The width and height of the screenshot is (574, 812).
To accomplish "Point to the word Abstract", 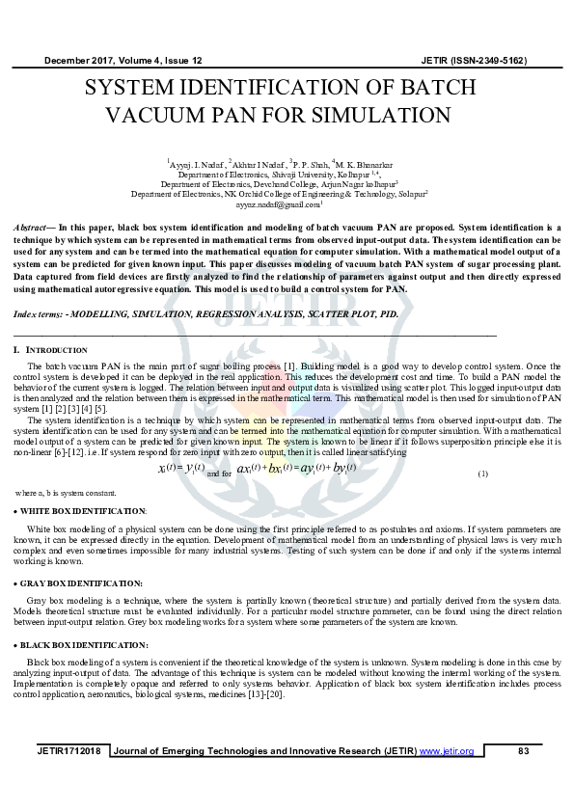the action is (32, 225).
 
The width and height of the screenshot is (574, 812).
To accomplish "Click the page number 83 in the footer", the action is (524, 751).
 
